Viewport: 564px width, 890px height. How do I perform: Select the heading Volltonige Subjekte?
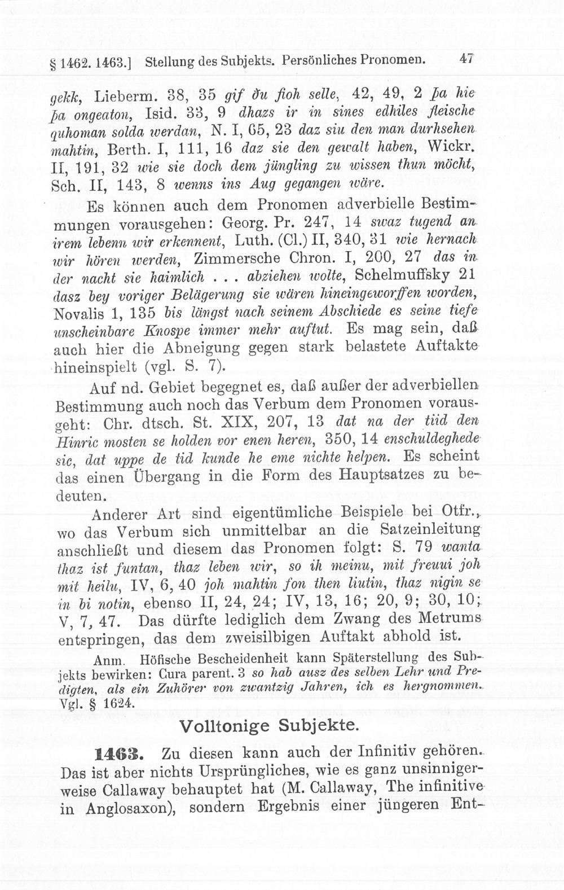[x=268, y=725]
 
